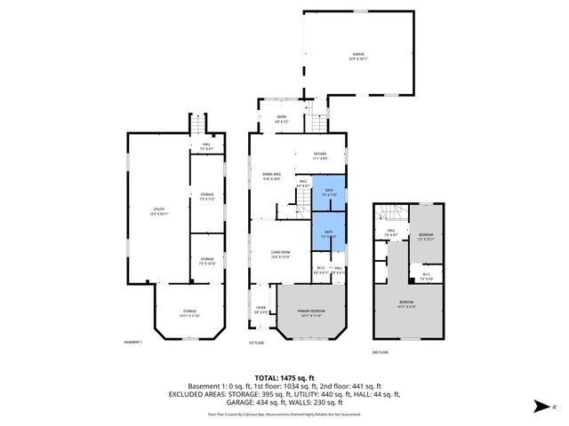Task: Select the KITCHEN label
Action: (320, 155)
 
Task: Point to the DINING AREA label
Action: (272, 175)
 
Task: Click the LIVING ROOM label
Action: (282, 254)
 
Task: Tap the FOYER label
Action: (260, 310)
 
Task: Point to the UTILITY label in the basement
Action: (158, 211)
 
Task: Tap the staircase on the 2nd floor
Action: (384, 214)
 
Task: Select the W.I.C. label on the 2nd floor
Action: (426, 275)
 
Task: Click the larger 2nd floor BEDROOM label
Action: (406, 304)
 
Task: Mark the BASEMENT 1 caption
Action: (132, 343)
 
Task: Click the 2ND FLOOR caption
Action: (380, 352)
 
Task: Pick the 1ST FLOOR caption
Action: (257, 343)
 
